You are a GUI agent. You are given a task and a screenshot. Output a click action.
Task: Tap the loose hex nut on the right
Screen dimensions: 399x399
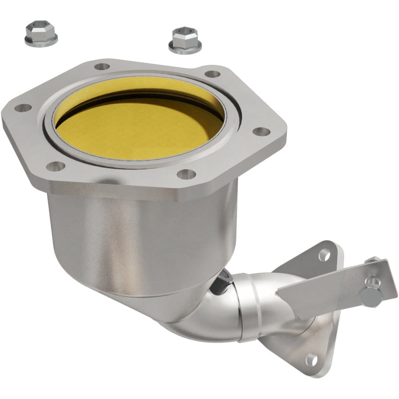point(185,40)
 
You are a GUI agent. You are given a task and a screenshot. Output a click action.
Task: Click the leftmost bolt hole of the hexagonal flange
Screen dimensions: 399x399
point(23,107)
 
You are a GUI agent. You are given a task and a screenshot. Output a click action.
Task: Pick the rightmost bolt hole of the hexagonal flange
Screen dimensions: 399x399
point(259,132)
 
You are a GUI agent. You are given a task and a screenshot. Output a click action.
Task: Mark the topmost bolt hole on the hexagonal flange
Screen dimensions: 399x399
point(102,66)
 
